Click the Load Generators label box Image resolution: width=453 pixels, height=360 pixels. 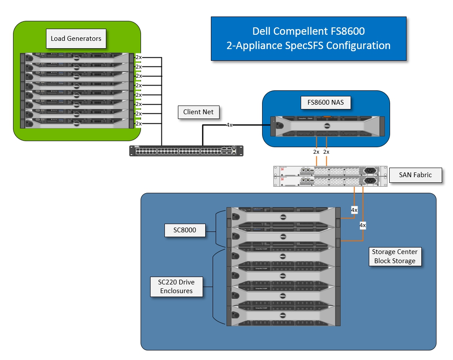76,39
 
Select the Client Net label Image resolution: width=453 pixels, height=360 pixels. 198,112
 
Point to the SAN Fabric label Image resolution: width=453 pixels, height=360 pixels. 415,175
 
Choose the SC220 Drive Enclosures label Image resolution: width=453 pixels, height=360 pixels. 177,286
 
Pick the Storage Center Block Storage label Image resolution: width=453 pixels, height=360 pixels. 394,257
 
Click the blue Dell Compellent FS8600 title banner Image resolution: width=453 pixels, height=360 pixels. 309,39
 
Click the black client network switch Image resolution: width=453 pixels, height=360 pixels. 186,150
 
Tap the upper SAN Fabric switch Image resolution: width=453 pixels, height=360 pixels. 330,171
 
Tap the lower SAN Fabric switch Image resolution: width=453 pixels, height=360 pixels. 330,181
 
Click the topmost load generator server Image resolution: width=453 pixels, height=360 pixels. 77,57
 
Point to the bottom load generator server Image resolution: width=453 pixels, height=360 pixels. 77,124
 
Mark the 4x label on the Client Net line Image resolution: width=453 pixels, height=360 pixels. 230,125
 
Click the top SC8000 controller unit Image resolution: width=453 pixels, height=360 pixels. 283,216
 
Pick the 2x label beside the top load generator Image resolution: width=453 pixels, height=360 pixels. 138,57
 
